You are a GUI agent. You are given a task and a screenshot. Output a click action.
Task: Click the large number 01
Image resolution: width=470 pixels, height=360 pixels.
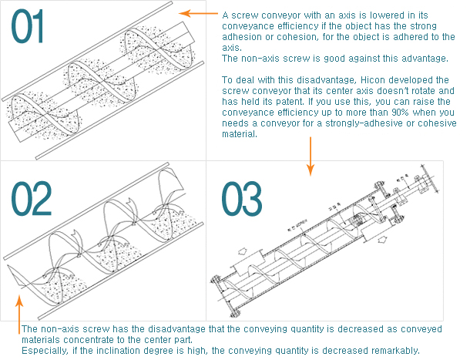28,27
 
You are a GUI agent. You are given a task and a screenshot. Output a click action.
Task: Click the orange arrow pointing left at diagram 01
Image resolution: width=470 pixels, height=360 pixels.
196,14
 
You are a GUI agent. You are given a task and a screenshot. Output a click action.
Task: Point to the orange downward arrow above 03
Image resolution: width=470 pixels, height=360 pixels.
309,153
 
